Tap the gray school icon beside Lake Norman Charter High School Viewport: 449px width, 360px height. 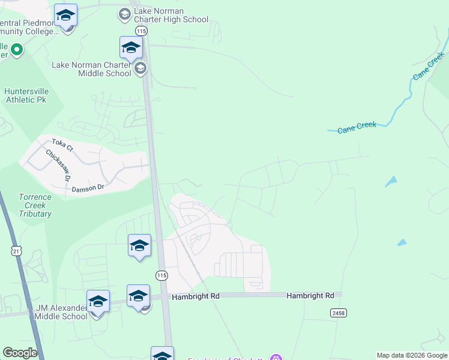pos(124,14)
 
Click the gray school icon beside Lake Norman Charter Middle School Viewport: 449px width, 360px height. pos(140,68)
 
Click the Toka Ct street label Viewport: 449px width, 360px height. pos(62,145)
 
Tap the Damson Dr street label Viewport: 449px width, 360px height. pos(88,188)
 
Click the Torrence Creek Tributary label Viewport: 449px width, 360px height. pos(35,205)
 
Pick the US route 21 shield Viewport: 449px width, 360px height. pos(17,251)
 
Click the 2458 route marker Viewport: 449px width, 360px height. pos(338,313)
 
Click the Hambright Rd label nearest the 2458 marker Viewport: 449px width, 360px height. pos(310,296)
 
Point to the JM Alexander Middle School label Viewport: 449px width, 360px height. pos(61,312)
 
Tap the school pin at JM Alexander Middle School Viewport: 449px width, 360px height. pos(98,301)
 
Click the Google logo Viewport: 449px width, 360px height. pos(20,353)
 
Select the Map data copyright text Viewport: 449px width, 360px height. pos(412,355)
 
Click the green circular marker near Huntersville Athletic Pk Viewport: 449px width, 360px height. pos(16,50)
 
